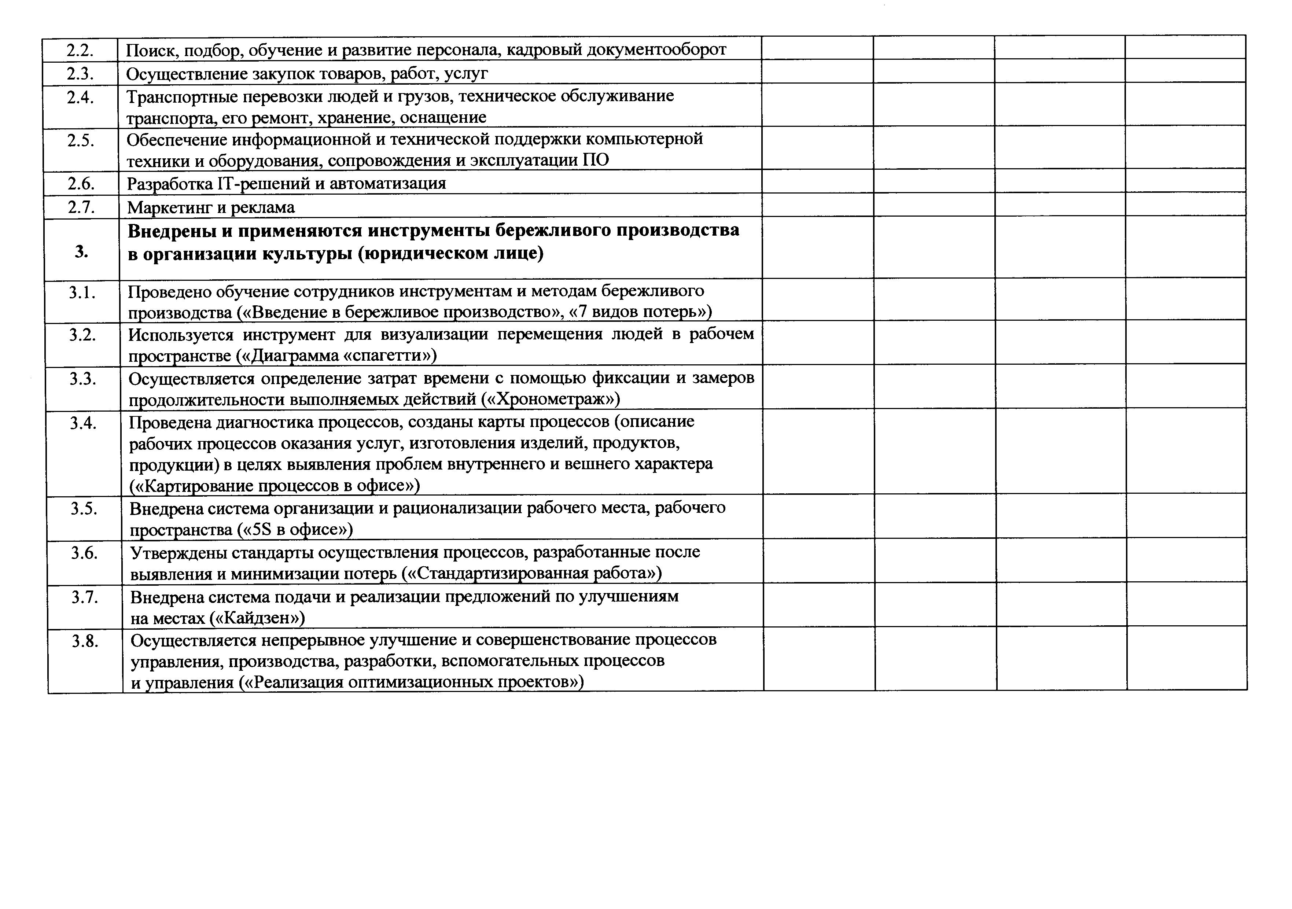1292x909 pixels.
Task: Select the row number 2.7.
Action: pyautogui.click(x=81, y=207)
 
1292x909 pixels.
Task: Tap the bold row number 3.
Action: pyautogui.click(x=82, y=251)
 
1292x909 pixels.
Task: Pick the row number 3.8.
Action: pyautogui.click(x=85, y=641)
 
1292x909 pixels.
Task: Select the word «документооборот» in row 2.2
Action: pyautogui.click(x=656, y=50)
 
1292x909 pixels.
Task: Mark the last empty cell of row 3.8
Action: pyautogui.click(x=1186, y=659)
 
